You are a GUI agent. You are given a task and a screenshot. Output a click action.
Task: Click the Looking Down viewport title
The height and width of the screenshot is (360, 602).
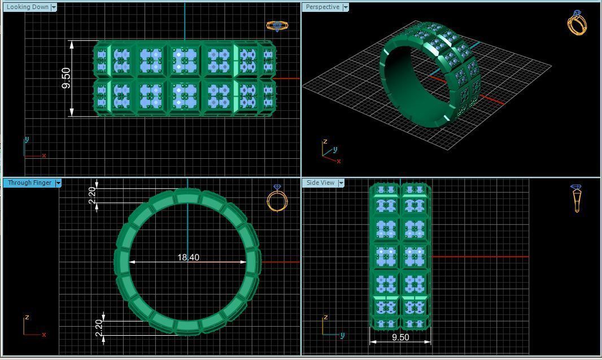click(27, 7)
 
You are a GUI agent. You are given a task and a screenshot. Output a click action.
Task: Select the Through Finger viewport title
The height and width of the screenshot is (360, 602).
click(29, 183)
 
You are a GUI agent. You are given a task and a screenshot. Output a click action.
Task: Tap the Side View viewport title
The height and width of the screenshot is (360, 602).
click(320, 183)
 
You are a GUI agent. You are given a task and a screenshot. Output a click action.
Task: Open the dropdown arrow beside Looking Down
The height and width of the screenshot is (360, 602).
click(54, 7)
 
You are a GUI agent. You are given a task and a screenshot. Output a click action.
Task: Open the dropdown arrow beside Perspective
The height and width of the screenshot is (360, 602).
click(346, 7)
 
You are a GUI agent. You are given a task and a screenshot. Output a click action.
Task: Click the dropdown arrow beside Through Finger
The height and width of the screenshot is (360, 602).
click(58, 183)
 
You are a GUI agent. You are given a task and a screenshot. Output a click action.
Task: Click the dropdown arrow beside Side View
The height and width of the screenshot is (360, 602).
click(341, 183)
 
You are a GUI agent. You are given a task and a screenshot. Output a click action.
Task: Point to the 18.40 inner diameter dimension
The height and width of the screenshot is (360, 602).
click(188, 258)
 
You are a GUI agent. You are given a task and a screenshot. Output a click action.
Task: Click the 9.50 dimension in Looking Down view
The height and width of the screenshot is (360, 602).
click(67, 78)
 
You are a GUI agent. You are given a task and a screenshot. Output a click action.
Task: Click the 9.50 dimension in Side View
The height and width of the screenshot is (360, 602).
click(400, 337)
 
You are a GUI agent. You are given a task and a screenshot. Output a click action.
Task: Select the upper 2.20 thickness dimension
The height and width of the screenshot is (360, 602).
click(93, 196)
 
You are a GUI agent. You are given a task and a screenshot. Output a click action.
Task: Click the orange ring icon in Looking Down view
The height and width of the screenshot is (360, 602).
click(277, 25)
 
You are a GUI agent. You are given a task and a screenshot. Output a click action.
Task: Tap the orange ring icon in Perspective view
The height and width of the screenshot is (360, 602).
click(577, 23)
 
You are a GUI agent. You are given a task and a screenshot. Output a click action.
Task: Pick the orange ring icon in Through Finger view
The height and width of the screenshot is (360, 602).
click(277, 199)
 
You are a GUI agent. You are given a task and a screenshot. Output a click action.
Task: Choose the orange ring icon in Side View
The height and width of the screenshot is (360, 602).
click(577, 198)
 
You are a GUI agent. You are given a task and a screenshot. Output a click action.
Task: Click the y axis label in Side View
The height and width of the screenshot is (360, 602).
click(342, 335)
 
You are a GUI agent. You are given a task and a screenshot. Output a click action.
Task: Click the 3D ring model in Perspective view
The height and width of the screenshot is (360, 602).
click(429, 73)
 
